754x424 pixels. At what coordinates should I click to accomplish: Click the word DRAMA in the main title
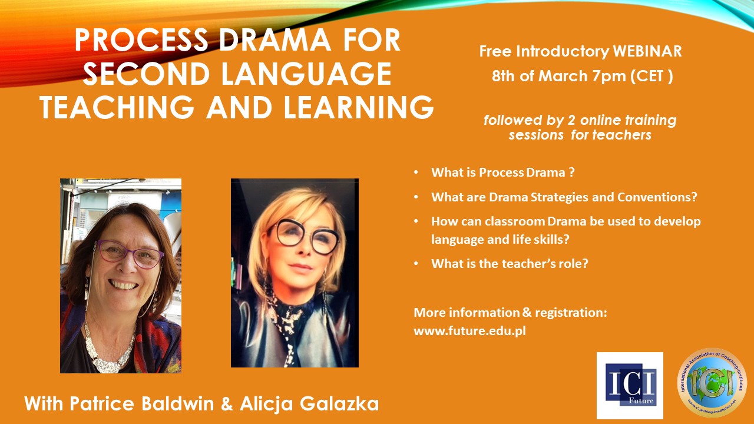coord(275,40)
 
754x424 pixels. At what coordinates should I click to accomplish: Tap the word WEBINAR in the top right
coord(647,51)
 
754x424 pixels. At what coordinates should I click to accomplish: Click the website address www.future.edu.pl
coord(469,331)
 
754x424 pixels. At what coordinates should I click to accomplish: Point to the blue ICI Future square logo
coord(630,385)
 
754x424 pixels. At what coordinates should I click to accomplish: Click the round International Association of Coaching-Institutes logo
coord(712,383)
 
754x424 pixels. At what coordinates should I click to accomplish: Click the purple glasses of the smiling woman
coord(130,253)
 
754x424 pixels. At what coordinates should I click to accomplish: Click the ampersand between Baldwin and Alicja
coord(227,404)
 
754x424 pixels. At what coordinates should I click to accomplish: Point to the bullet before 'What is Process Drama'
coord(416,173)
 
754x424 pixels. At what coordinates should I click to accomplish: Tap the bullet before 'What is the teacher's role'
coord(416,263)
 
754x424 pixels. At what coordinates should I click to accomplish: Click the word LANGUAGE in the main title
coord(306,74)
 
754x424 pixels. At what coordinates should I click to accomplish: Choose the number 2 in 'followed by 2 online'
coord(571,121)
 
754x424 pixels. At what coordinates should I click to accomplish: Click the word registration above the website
coord(571,313)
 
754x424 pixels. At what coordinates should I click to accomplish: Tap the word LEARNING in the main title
coord(359,107)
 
